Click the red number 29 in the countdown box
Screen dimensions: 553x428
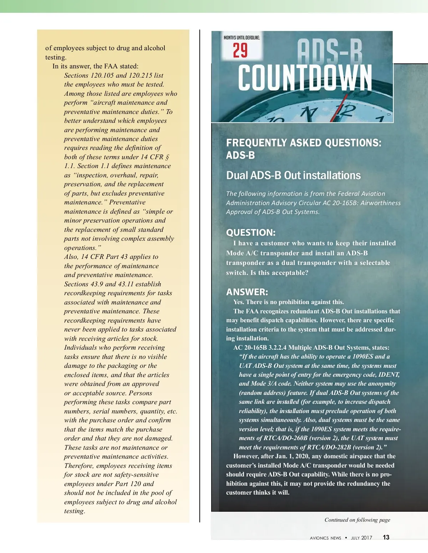pos(240,50)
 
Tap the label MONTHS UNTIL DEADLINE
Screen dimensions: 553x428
pos(242,38)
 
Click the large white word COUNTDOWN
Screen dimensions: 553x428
pos(305,78)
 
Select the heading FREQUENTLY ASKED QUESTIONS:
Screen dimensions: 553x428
pos(304,143)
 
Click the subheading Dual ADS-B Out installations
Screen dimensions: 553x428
pos(293,176)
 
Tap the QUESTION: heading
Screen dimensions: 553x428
pos(251,233)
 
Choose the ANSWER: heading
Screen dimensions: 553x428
pos(247,292)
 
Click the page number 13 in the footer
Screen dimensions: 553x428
pos(386,537)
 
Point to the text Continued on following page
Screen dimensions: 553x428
pos(357,520)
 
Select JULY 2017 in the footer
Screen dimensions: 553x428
pos(361,538)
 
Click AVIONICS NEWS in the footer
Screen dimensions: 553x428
pos(325,538)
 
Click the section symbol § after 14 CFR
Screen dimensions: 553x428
pos(167,157)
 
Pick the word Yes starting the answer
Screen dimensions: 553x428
pos(239,302)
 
